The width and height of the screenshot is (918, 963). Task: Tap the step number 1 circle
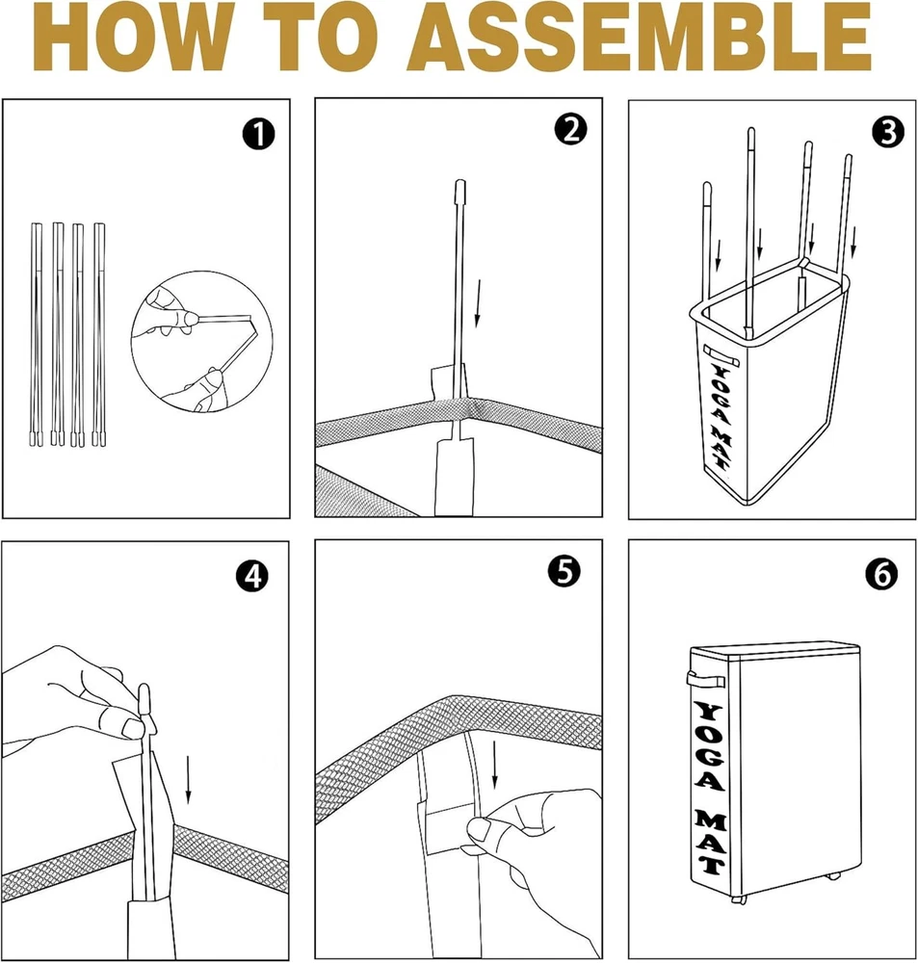(258, 135)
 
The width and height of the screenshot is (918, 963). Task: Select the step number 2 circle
(570, 130)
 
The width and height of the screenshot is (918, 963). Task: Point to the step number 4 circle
(252, 576)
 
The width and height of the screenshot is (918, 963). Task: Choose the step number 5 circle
(564, 571)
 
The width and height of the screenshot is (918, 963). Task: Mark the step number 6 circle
(881, 574)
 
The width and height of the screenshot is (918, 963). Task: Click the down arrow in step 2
(478, 303)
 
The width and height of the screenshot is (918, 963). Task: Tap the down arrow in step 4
(188, 779)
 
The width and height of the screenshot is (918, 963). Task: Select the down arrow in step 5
(494, 764)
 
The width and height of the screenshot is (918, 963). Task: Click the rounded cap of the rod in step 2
(459, 191)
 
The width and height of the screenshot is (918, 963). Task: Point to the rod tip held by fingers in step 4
(145, 700)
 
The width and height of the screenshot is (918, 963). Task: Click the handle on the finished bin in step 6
(706, 679)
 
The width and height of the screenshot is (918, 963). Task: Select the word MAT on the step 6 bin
(711, 842)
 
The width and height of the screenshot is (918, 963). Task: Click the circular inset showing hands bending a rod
(201, 342)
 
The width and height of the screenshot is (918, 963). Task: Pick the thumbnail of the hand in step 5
(480, 830)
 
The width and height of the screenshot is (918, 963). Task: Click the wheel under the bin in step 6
(739, 898)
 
